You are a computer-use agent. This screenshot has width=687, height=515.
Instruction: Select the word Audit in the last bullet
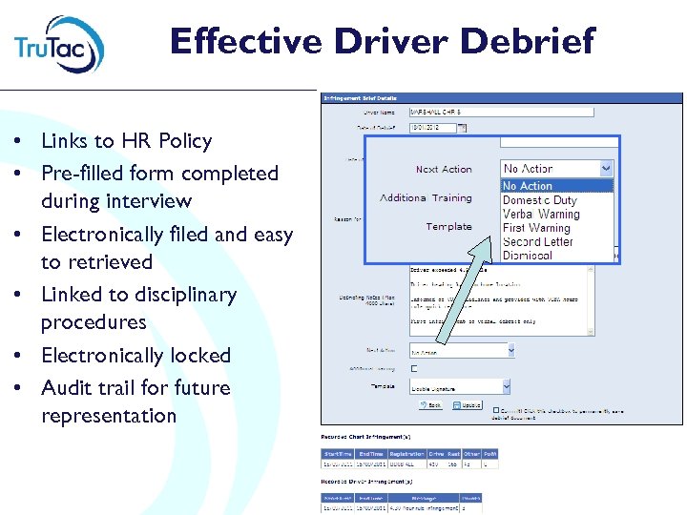70,388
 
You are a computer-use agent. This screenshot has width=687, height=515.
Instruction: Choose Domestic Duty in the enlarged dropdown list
539,200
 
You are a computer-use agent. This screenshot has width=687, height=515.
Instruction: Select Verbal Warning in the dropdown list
541,215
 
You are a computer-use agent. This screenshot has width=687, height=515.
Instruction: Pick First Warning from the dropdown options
536,228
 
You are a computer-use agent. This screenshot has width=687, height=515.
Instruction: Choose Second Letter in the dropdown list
538,242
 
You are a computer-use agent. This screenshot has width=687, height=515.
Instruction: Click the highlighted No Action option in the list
528,186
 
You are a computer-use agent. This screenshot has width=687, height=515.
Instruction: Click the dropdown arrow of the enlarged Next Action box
605,169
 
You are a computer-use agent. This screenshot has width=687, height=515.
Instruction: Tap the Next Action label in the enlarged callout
444,170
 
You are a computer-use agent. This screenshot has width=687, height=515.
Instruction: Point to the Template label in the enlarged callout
448,227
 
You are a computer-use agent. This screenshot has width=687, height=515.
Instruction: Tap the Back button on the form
431,405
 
